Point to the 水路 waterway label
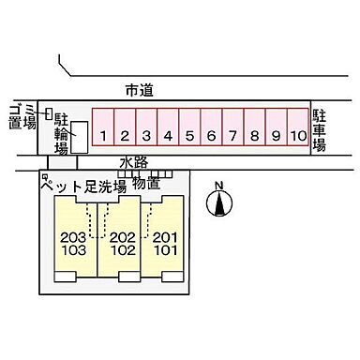coord(135,163)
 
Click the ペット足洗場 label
coord(82,186)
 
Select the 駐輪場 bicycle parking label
coord(61,132)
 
